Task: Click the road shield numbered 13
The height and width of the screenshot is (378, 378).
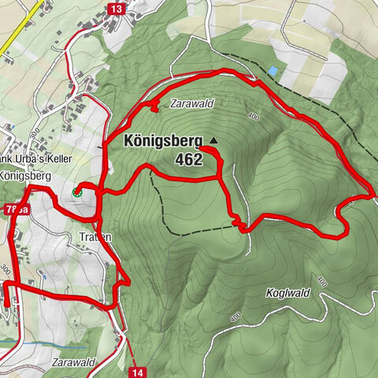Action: (x=117, y=9)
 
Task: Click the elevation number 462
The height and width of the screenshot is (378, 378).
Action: (x=190, y=160)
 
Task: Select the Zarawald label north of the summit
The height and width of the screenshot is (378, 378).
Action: (x=191, y=103)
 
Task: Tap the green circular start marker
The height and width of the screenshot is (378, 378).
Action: (x=76, y=191)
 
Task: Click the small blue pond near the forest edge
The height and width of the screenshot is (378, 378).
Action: (x=272, y=71)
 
